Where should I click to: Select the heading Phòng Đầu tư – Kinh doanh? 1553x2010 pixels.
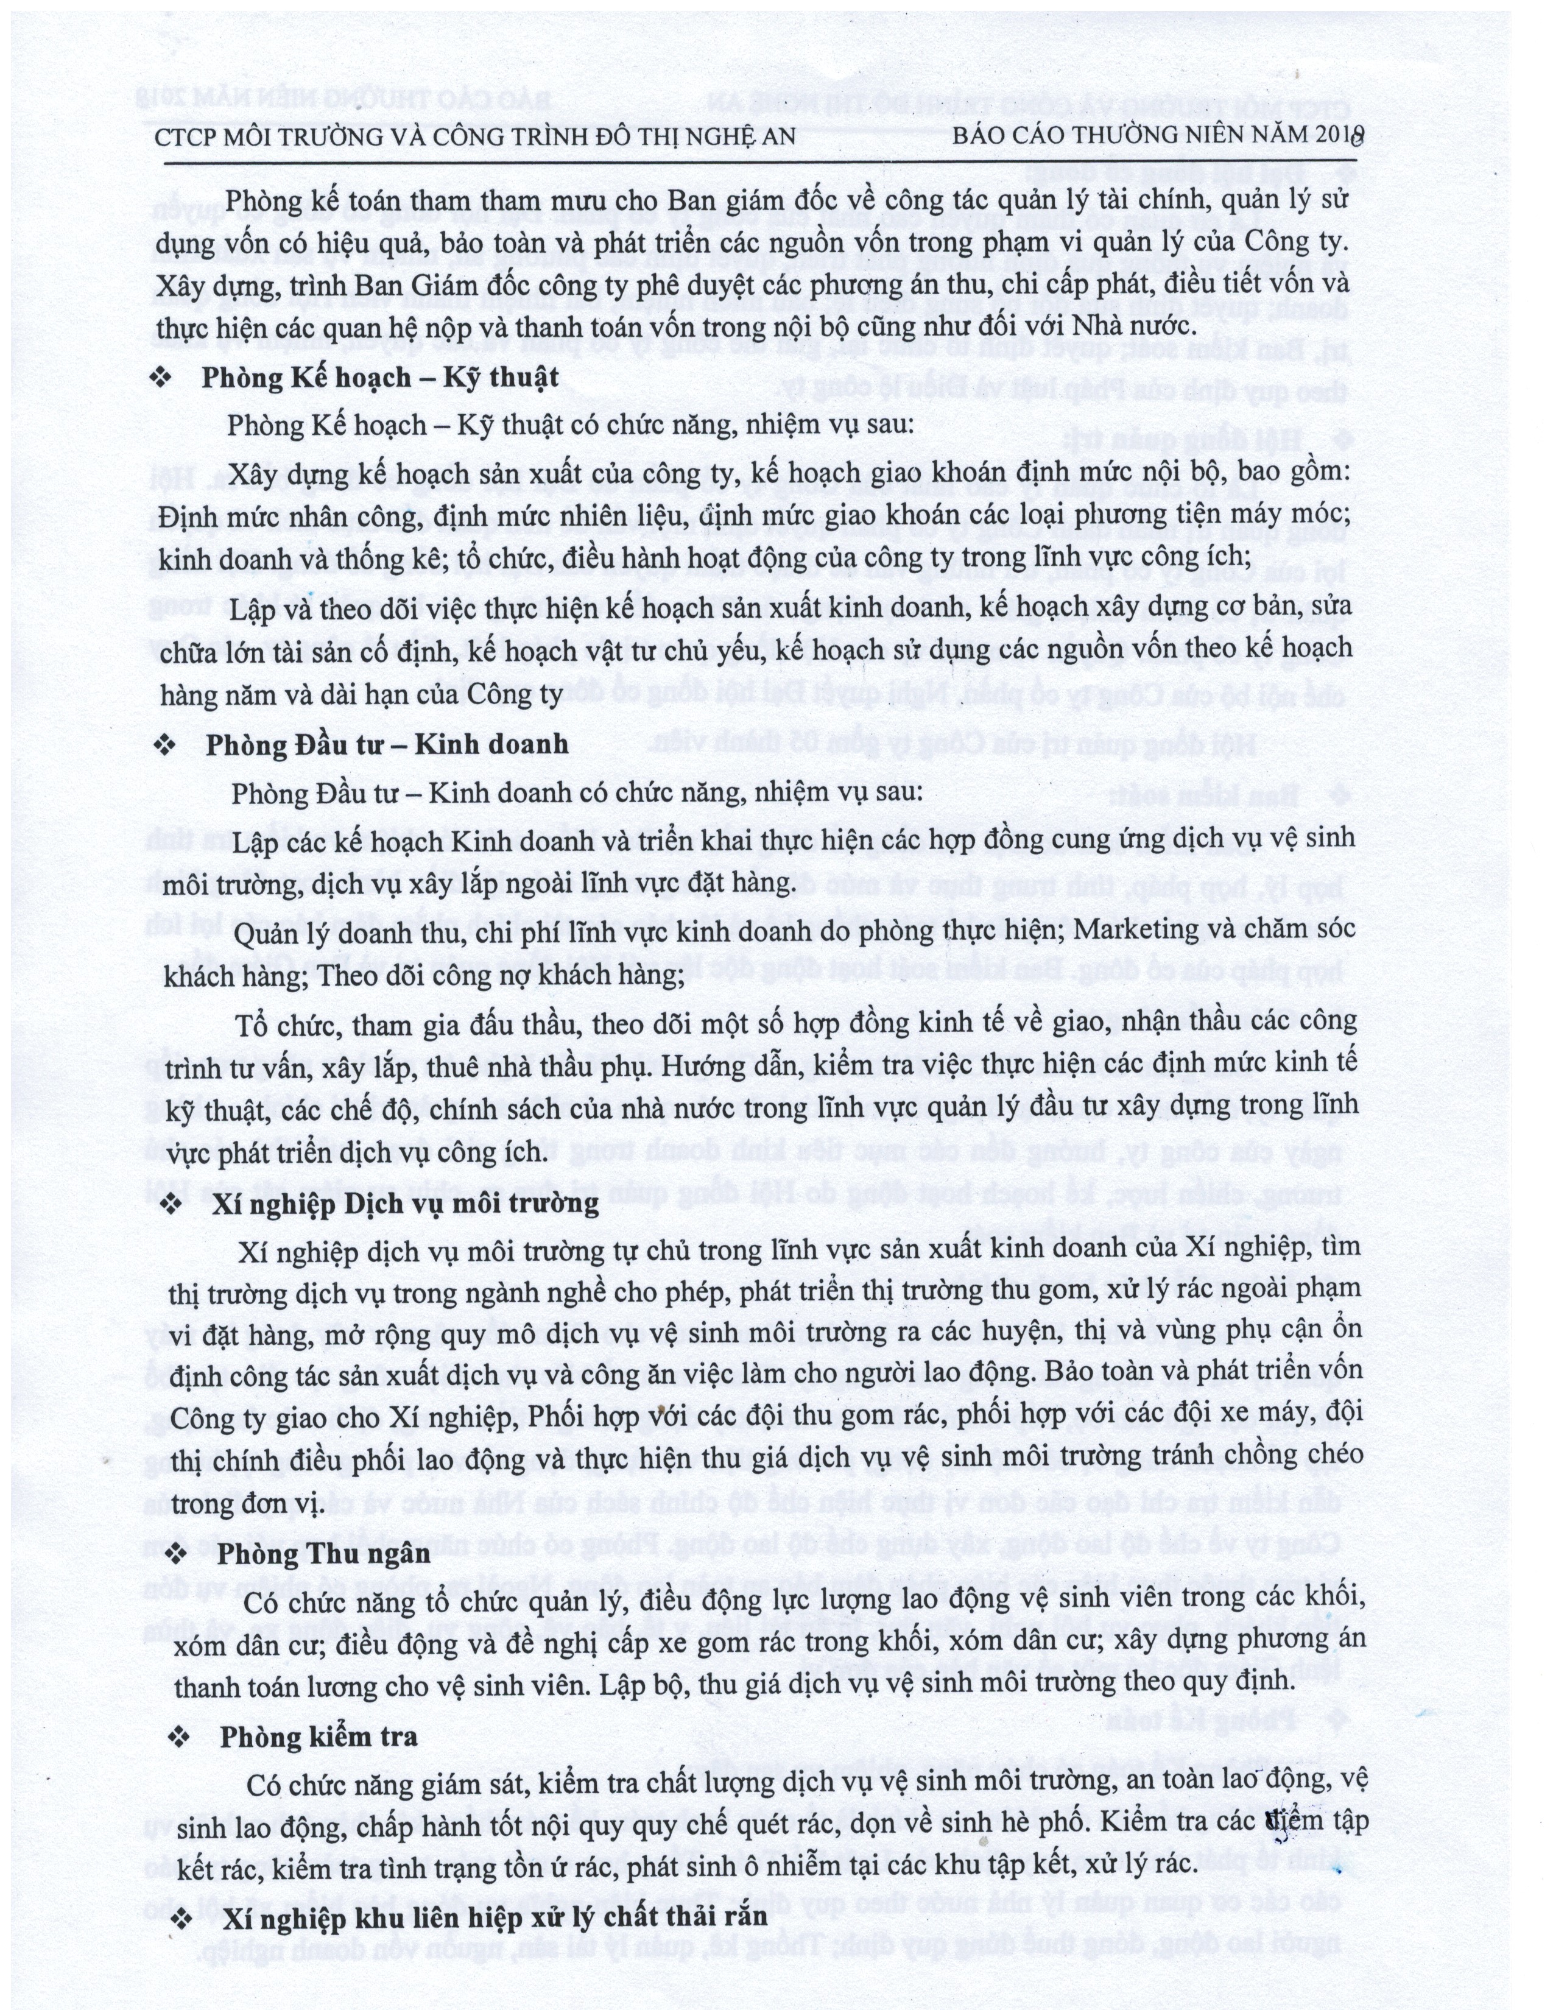pyautogui.click(x=386, y=744)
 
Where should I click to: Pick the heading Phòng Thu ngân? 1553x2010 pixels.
pyautogui.click(x=325, y=1554)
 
